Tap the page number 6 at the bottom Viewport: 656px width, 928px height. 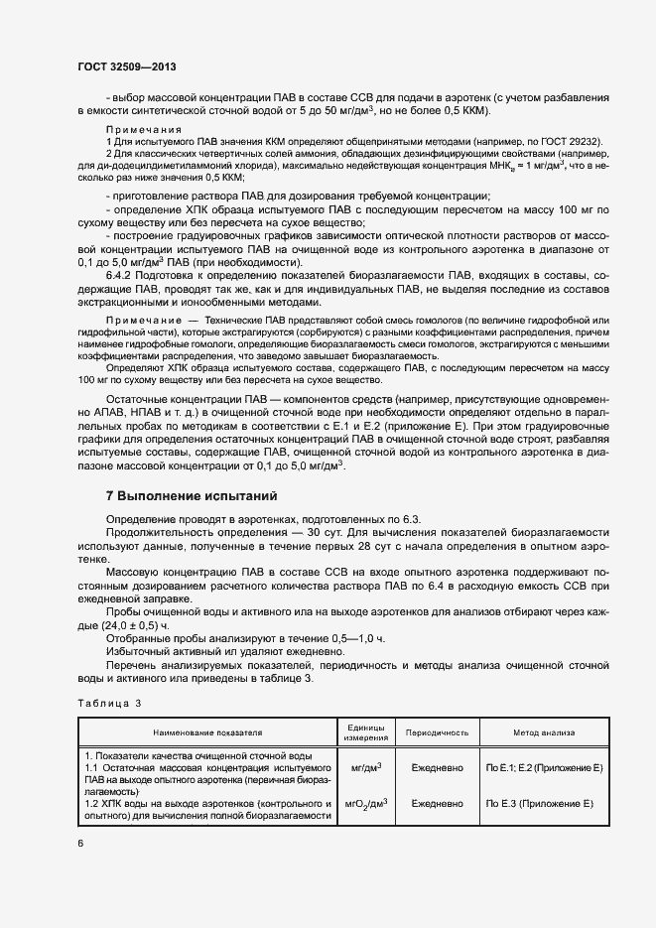80,843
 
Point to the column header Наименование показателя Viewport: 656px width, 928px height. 207,732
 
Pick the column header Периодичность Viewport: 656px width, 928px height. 431,732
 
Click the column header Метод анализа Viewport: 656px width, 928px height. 543,732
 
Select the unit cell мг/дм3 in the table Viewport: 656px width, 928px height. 366,768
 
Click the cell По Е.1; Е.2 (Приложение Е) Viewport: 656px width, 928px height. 544,769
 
